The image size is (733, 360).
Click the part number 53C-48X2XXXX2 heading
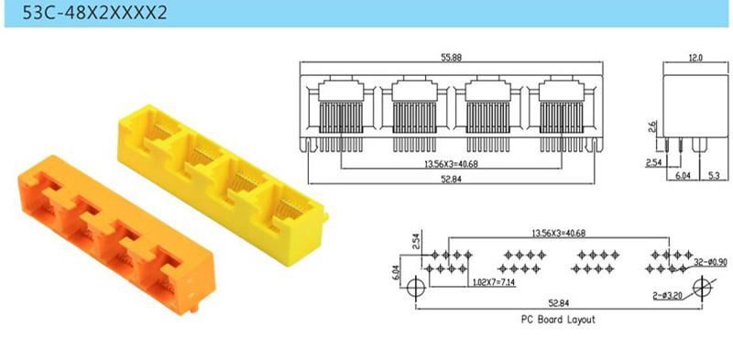[x=95, y=12]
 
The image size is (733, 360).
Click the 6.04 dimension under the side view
[x=682, y=176]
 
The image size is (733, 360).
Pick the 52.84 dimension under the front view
[x=451, y=179]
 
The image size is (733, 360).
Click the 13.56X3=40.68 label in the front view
[x=451, y=164]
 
